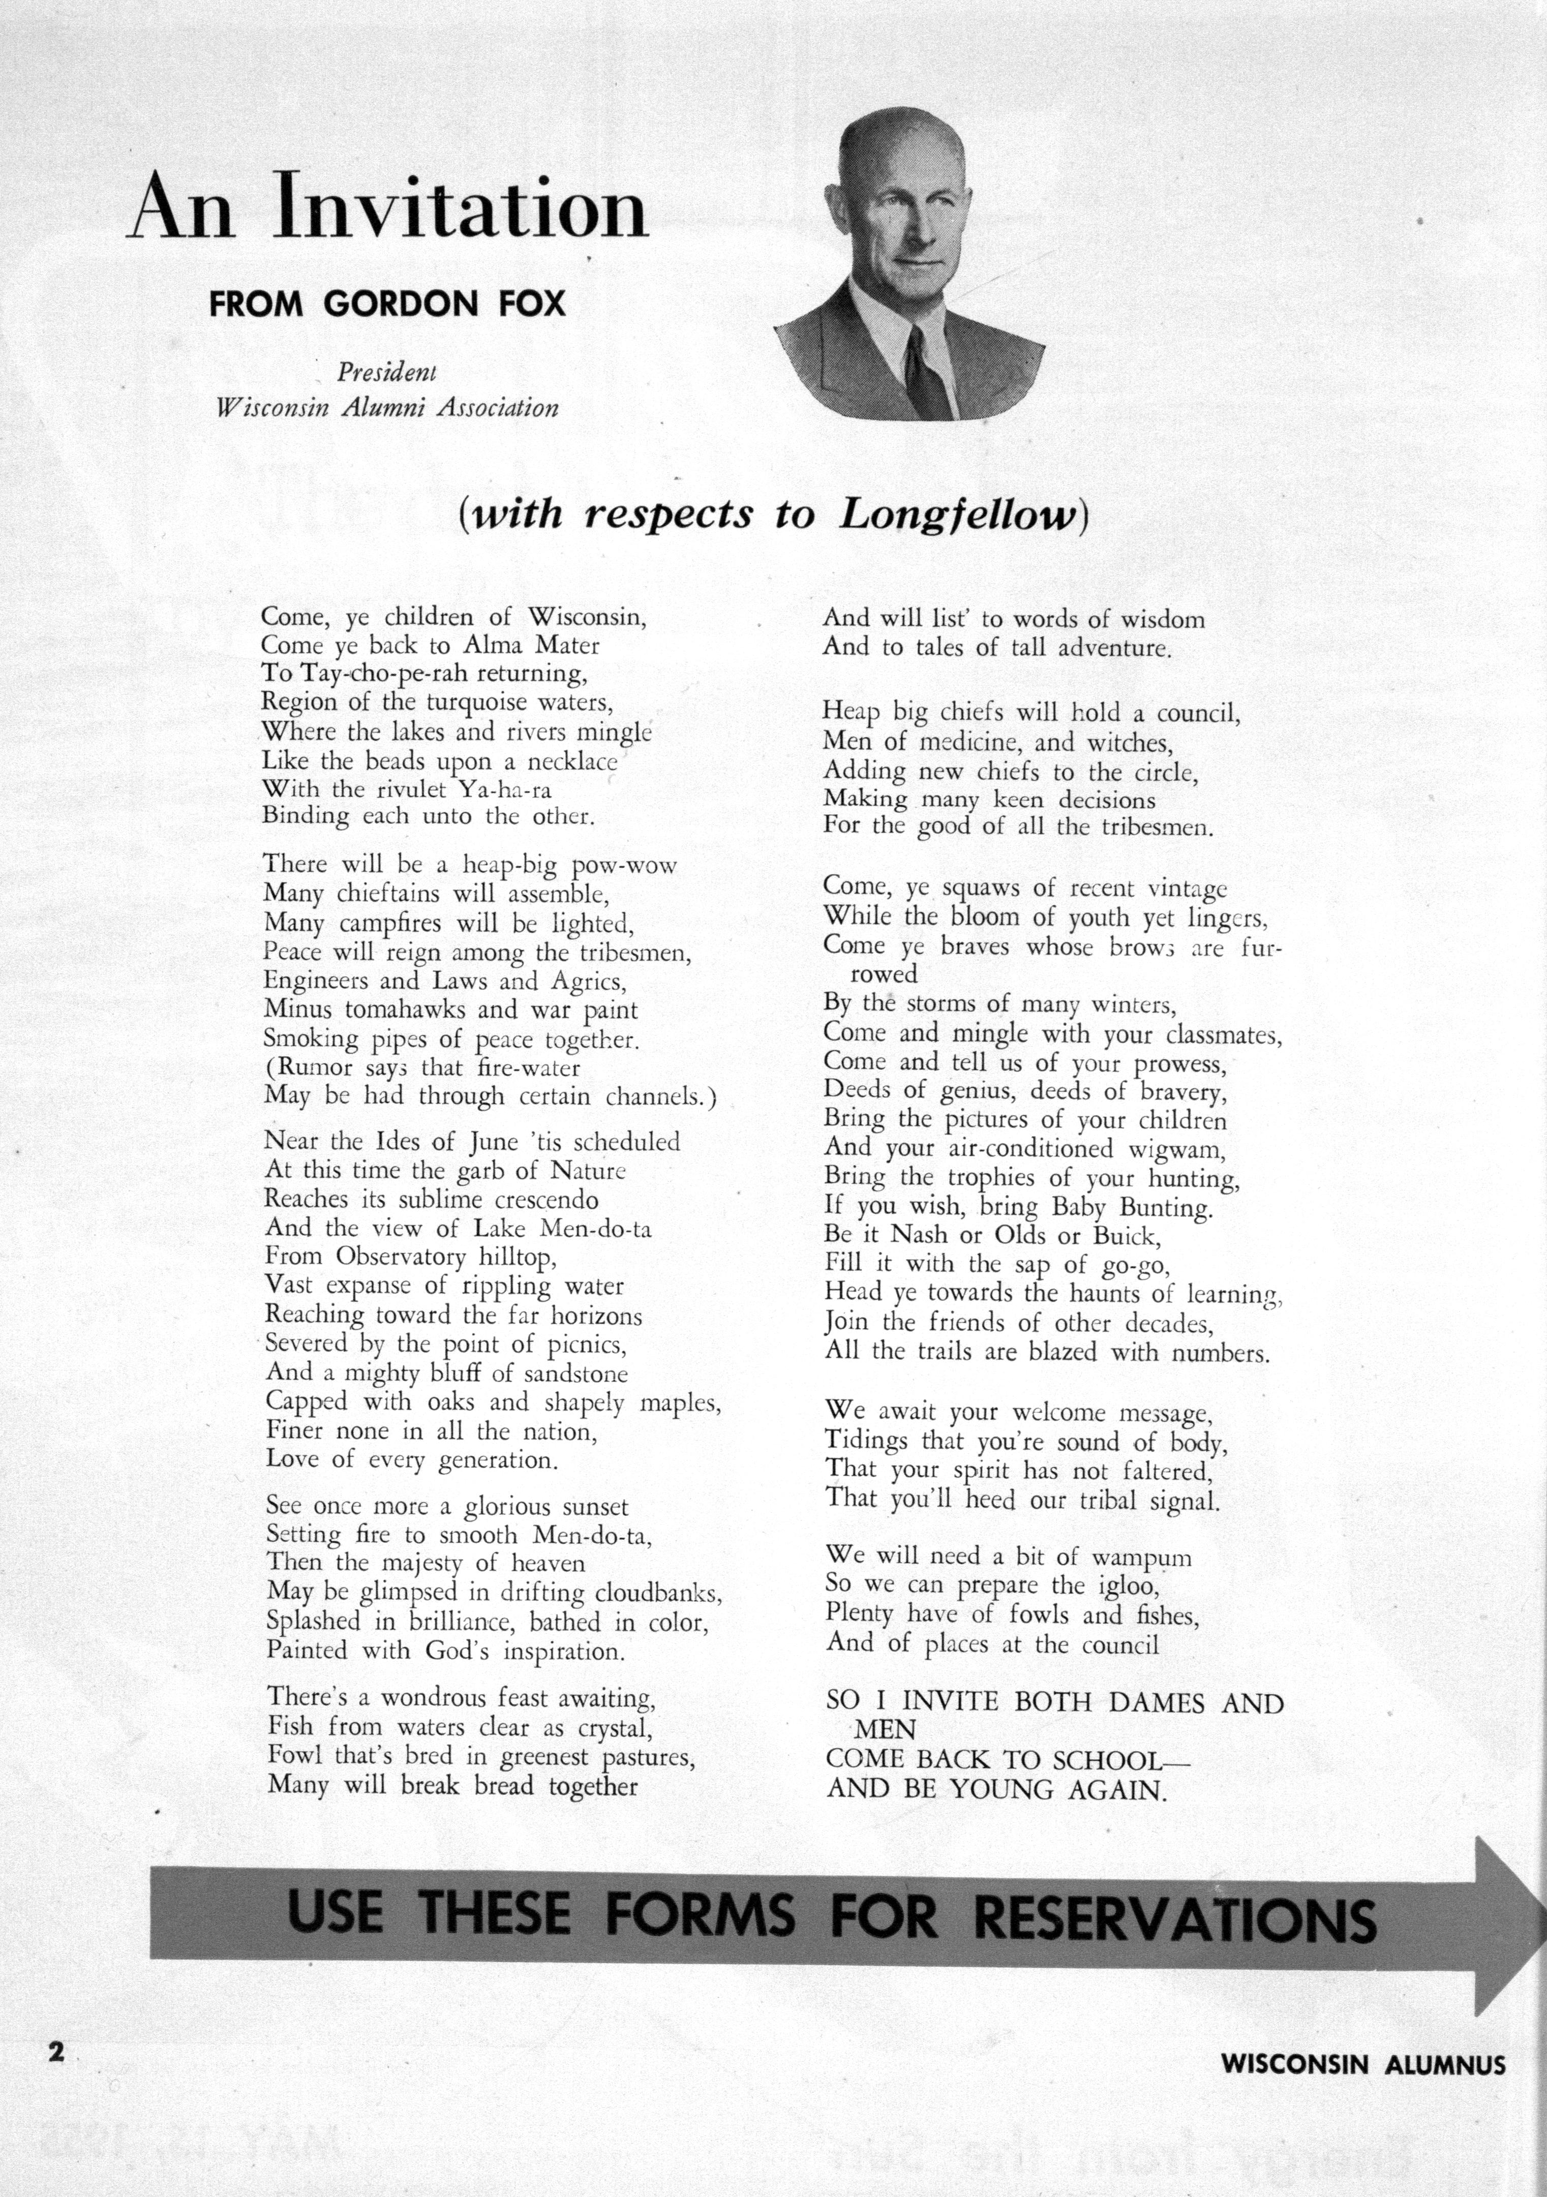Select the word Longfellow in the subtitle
point(960,515)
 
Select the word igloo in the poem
point(1127,1586)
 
